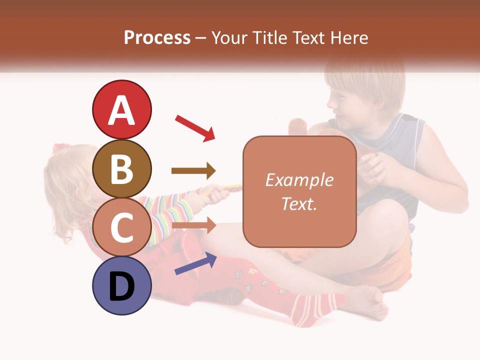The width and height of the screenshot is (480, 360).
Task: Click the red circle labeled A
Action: pyautogui.click(x=121, y=109)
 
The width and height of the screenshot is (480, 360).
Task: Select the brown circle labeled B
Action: pyautogui.click(x=121, y=168)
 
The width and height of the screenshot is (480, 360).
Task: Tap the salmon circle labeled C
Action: pyautogui.click(x=121, y=227)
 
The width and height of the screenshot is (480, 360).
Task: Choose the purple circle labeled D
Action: pyautogui.click(x=121, y=286)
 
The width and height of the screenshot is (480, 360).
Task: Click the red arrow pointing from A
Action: pyautogui.click(x=195, y=128)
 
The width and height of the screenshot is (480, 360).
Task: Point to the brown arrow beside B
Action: pyautogui.click(x=193, y=171)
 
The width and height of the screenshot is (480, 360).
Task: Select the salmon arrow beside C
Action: pyautogui.click(x=193, y=225)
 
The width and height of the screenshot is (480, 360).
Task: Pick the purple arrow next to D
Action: pyautogui.click(x=195, y=263)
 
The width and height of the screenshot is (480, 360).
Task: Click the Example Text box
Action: pyautogui.click(x=299, y=191)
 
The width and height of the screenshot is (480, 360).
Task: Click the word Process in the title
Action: pyautogui.click(x=157, y=37)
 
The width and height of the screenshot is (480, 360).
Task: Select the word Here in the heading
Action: pyautogui.click(x=349, y=37)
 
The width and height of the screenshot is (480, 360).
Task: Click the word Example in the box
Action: pyautogui.click(x=299, y=180)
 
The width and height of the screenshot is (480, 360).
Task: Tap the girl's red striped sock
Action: pyautogui.click(x=310, y=307)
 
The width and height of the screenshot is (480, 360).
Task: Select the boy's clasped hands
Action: pyautogui.click(x=372, y=167)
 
